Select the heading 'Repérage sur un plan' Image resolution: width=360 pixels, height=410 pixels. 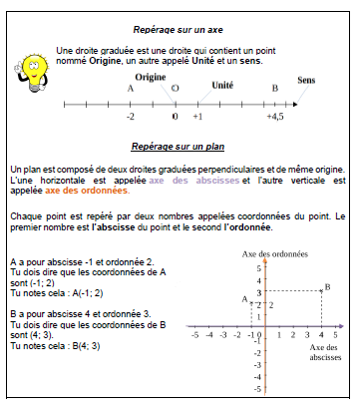(179, 146)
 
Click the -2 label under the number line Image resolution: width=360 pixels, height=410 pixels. (131, 117)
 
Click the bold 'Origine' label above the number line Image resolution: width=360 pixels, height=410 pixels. (151, 77)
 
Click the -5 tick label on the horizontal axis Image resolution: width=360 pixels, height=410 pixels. (194, 336)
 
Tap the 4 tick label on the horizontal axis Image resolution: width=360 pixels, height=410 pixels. (320, 336)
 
